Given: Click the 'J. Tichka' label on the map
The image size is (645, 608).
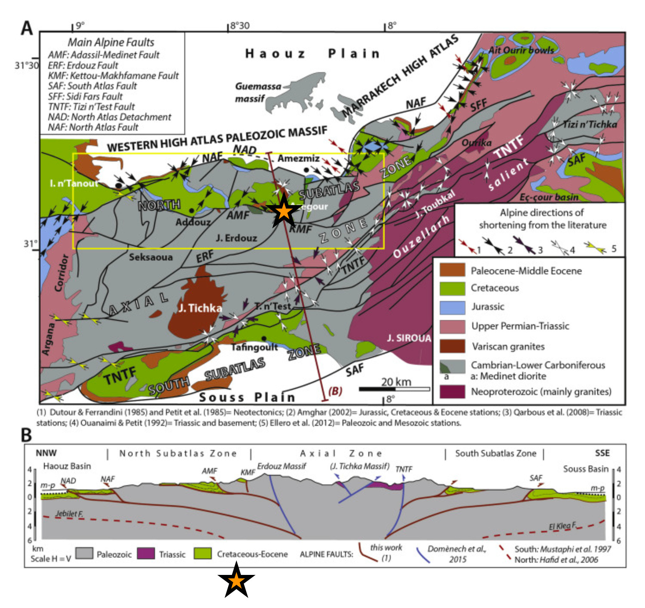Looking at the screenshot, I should tap(200, 308).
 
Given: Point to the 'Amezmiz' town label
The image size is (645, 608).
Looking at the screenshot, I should tap(298, 158).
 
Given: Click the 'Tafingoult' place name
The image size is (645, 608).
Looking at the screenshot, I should tap(254, 347).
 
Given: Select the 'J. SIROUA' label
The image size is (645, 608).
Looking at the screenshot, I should tap(409, 338).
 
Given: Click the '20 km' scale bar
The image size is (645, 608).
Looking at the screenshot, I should tap(394, 389).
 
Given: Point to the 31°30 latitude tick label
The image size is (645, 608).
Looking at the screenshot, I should tap(27, 65).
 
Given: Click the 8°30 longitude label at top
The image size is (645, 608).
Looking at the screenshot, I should tap(239, 26).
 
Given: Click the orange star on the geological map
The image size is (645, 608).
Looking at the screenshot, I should tap(283, 211).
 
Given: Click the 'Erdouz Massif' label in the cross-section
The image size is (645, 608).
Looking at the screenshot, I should tap(281, 466).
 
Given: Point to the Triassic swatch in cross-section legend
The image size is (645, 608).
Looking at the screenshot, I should tap(145, 553).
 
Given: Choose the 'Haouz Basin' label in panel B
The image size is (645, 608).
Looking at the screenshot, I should tap(67, 466).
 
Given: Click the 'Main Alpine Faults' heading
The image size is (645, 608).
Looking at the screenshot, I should tap(111, 42).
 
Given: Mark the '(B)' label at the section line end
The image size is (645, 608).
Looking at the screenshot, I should tap(335, 391).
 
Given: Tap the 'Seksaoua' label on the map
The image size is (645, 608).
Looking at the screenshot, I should tap(150, 257).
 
